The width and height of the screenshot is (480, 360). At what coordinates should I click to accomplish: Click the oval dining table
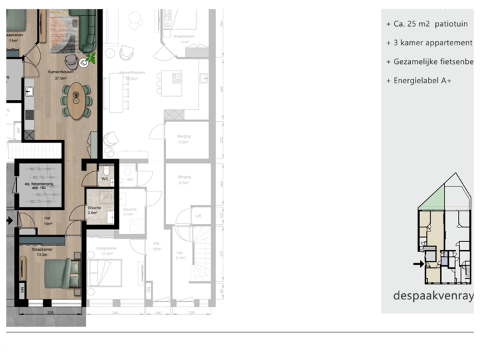click(78, 101)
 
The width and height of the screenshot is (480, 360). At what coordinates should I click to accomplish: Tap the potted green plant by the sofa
click(91, 59)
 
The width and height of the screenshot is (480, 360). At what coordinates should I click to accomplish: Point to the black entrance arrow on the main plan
click(9, 219)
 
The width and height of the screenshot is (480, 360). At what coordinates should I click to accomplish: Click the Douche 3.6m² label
click(94, 210)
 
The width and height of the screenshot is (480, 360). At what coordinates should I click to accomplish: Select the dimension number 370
click(49, 312)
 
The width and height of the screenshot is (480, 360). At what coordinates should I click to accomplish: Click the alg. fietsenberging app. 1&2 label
click(39, 187)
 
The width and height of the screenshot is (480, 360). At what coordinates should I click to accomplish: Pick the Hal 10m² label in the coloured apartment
click(48, 221)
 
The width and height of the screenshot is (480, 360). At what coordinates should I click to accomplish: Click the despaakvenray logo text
click(433, 295)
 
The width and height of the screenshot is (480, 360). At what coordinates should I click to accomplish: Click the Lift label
click(198, 215)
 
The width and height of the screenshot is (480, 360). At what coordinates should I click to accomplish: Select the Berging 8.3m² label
click(185, 179)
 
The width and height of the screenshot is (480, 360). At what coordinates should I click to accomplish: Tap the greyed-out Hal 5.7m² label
click(180, 255)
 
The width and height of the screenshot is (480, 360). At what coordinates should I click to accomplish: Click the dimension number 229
click(191, 312)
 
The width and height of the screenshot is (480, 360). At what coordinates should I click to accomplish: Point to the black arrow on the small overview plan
click(418, 264)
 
